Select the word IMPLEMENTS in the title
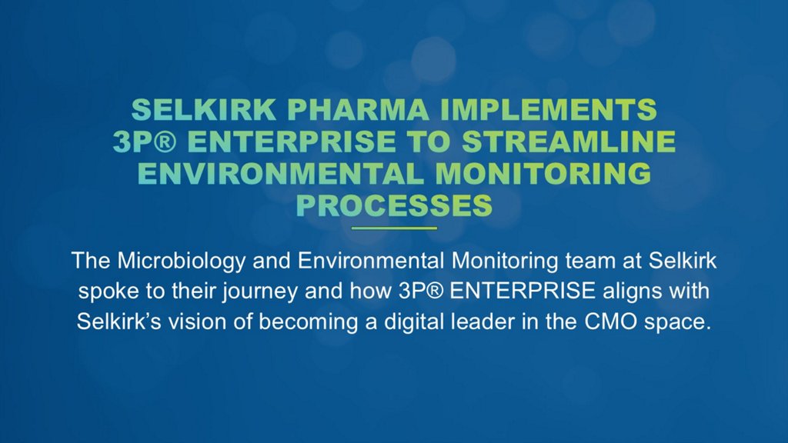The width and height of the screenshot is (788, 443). click(549, 109)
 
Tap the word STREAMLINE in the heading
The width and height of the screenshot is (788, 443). click(569, 142)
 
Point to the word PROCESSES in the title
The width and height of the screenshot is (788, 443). click(394, 205)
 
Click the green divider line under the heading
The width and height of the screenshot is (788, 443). click(394, 228)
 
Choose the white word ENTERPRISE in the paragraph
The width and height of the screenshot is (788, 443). click(523, 291)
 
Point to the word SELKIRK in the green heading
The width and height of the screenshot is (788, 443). click(203, 109)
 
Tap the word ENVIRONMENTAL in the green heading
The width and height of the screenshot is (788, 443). click(280, 173)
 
